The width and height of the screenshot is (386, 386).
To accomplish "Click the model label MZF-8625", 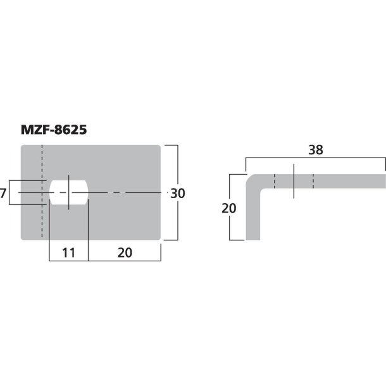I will (54, 130).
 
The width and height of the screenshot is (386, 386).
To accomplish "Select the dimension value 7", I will (4, 193).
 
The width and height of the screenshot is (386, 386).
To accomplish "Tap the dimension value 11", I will (68, 252).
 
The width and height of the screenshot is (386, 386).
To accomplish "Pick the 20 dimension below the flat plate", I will (124, 252).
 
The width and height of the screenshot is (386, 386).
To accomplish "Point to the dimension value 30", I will (178, 194).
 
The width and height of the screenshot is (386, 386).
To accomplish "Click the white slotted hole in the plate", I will (68, 193).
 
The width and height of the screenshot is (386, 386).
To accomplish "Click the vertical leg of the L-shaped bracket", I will (252, 215).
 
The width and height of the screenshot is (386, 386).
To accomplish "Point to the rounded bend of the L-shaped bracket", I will (252, 182).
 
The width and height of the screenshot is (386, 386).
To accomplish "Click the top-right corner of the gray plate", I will (159, 147).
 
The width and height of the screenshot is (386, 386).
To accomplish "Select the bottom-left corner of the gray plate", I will (23, 239).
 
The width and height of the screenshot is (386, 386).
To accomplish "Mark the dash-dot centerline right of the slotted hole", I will (127, 192).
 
